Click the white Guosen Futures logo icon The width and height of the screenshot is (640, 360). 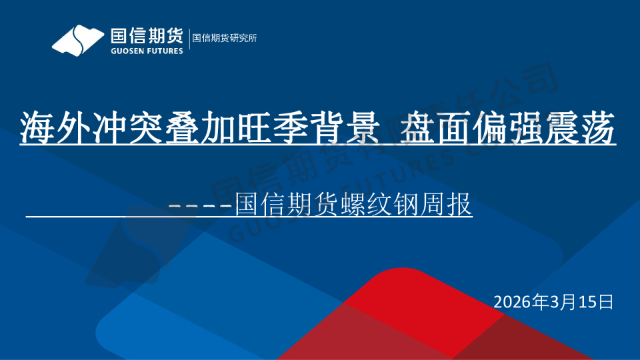(79, 40)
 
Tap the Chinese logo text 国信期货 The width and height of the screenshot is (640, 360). (145, 34)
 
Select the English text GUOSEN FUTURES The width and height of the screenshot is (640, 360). (145, 50)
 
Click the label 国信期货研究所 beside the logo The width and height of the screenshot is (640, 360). (224, 38)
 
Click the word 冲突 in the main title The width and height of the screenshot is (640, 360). (115, 127)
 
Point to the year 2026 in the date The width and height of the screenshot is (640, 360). (513, 302)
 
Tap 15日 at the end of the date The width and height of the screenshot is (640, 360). (596, 302)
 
